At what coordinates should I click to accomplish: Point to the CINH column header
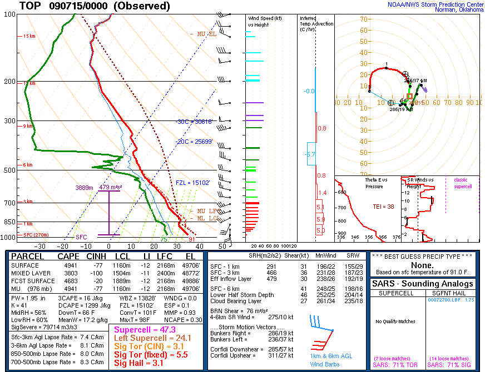pyautogui.click(x=95, y=257)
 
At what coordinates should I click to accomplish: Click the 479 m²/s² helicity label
pyautogui.click(x=110, y=188)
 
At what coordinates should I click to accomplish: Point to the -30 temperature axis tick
pyautogui.click(x=39, y=246)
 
